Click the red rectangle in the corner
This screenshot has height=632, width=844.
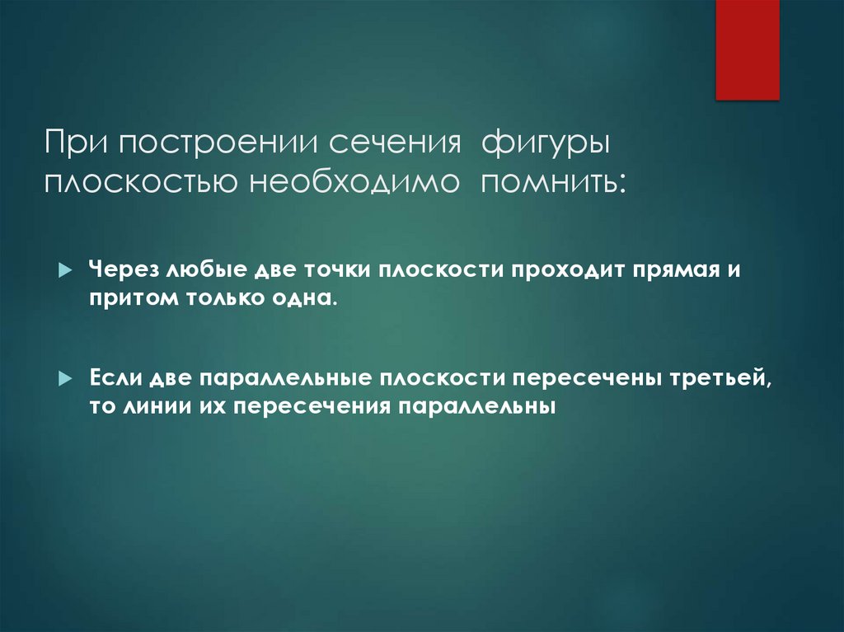pyautogui.click(x=747, y=49)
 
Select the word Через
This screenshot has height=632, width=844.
pyautogui.click(x=125, y=270)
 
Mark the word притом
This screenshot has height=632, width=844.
pyautogui.click(x=128, y=298)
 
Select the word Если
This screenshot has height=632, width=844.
pyautogui.click(x=115, y=379)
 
